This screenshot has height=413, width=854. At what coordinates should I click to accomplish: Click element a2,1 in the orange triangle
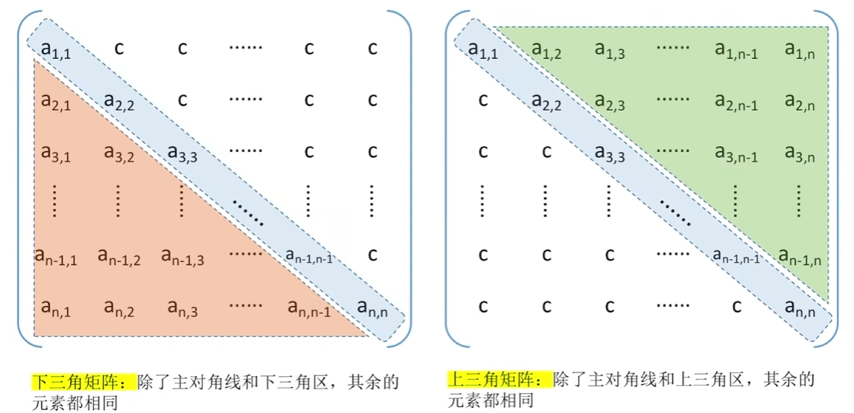(x=55, y=102)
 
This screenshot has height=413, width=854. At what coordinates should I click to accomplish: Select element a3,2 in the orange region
(x=119, y=153)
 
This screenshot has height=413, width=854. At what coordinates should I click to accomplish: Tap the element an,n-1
(x=309, y=308)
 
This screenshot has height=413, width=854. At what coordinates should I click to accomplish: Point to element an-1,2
(x=119, y=256)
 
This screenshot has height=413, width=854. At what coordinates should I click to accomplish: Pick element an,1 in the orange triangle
(x=55, y=308)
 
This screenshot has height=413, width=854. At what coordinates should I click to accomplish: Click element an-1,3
(x=182, y=256)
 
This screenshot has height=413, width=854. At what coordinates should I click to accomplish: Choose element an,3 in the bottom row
(x=182, y=308)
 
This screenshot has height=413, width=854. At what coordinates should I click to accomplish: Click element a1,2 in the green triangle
(x=547, y=50)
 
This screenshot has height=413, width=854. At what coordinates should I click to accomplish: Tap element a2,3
(x=610, y=102)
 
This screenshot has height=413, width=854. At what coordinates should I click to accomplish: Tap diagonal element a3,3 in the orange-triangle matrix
(x=182, y=153)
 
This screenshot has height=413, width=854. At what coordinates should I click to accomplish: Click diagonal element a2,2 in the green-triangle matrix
(x=547, y=102)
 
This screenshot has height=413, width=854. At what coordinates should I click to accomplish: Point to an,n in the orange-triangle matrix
(x=373, y=308)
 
